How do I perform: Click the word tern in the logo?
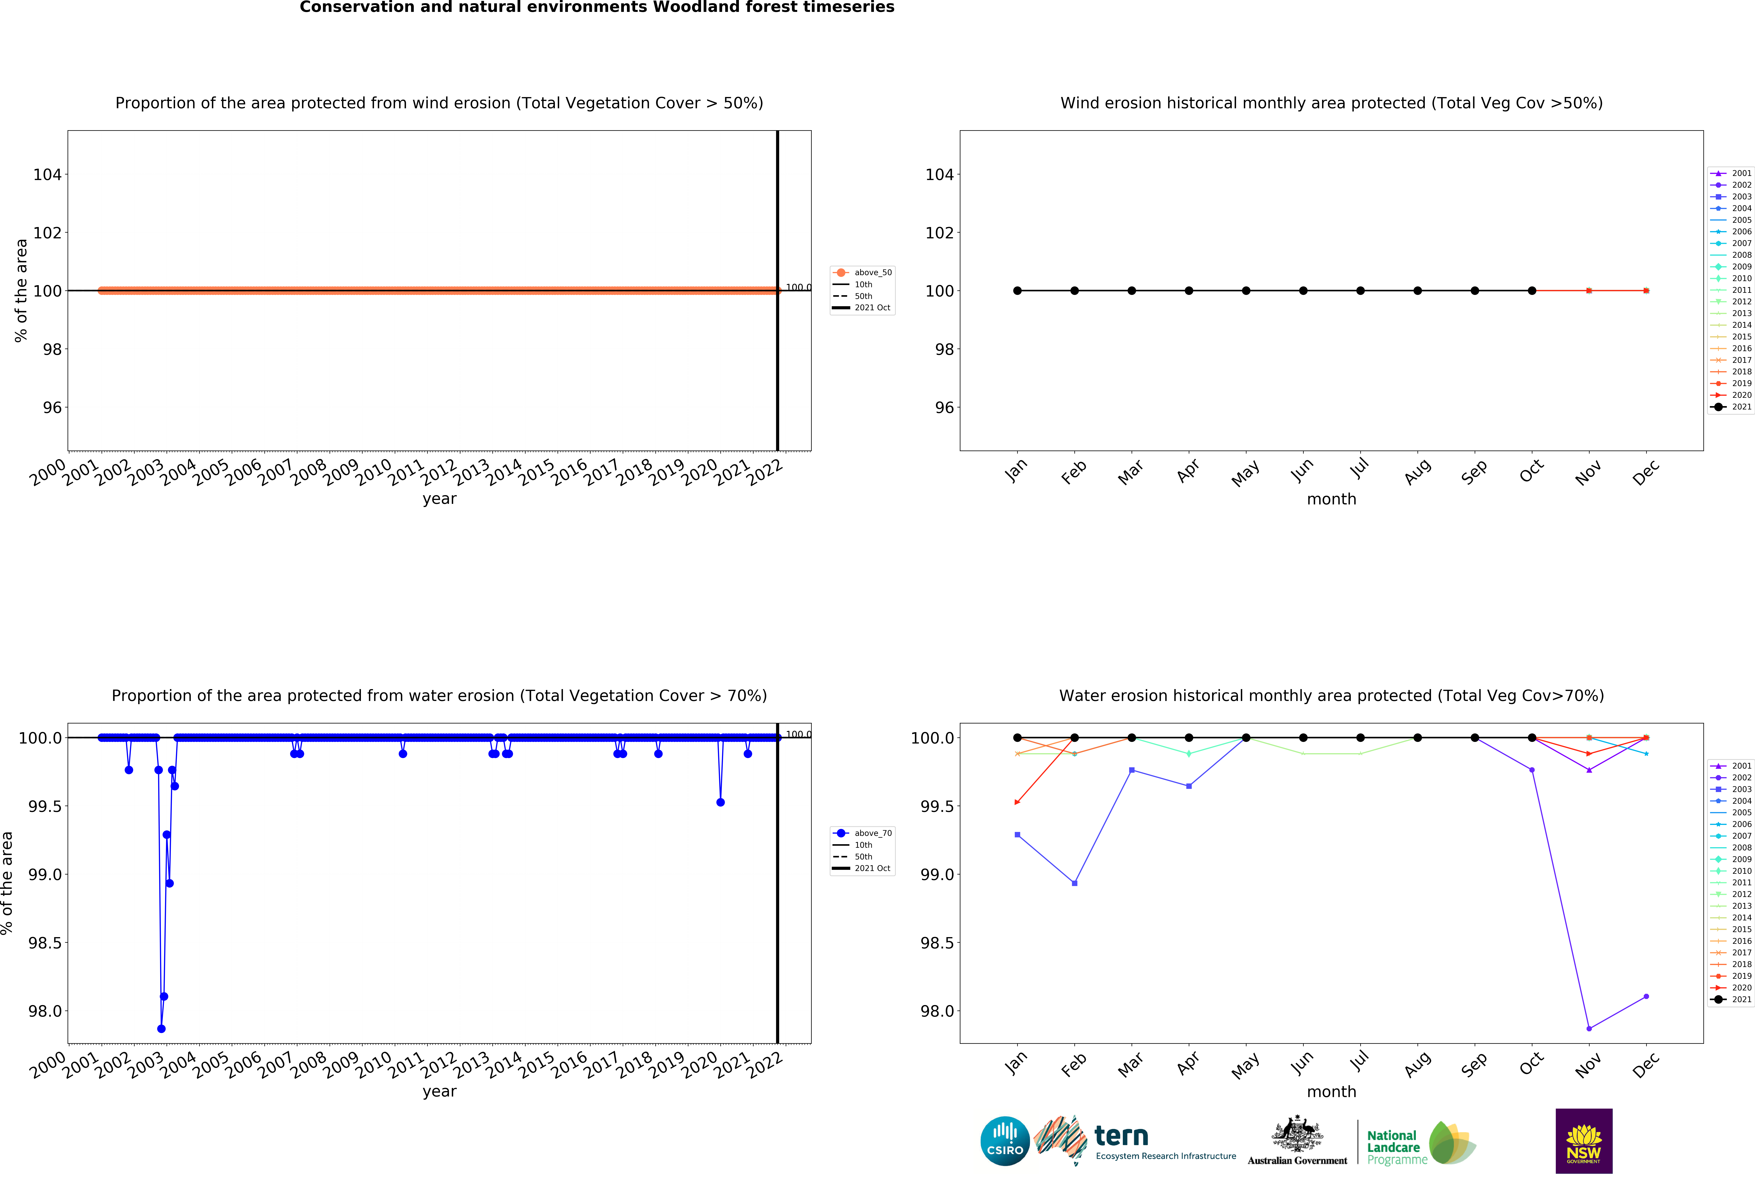[1121, 1136]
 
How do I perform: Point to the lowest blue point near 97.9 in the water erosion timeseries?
[161, 1028]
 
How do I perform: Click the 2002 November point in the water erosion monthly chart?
[1589, 1028]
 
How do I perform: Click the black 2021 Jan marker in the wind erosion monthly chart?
[1017, 291]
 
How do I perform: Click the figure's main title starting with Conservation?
[597, 8]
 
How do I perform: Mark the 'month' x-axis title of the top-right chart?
[1331, 499]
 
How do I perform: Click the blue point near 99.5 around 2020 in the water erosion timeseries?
[720, 802]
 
